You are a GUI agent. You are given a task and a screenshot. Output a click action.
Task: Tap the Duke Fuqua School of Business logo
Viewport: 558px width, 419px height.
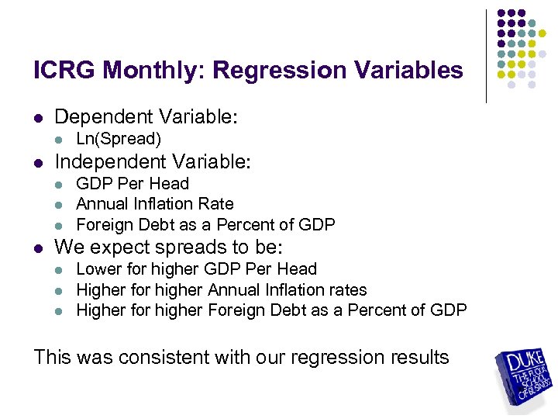(525, 379)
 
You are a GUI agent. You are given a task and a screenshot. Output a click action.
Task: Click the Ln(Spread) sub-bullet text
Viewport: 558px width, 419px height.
(119, 139)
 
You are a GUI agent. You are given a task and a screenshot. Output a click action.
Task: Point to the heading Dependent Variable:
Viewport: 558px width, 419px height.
(146, 117)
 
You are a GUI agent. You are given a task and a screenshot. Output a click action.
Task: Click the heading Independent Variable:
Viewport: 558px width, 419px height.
(153, 162)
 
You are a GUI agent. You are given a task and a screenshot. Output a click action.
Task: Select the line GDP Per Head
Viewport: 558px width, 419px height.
(133, 184)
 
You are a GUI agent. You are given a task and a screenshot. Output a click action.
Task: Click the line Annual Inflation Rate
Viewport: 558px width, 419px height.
(154, 204)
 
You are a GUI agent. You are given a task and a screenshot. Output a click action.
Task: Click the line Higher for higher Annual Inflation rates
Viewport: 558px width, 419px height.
(221, 289)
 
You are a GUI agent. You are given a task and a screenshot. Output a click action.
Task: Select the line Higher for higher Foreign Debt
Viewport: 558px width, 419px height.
(271, 310)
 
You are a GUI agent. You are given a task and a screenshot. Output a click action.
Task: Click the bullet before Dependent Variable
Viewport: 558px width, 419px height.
(39, 119)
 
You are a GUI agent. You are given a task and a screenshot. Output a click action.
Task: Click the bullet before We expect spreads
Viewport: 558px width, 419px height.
(39, 249)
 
